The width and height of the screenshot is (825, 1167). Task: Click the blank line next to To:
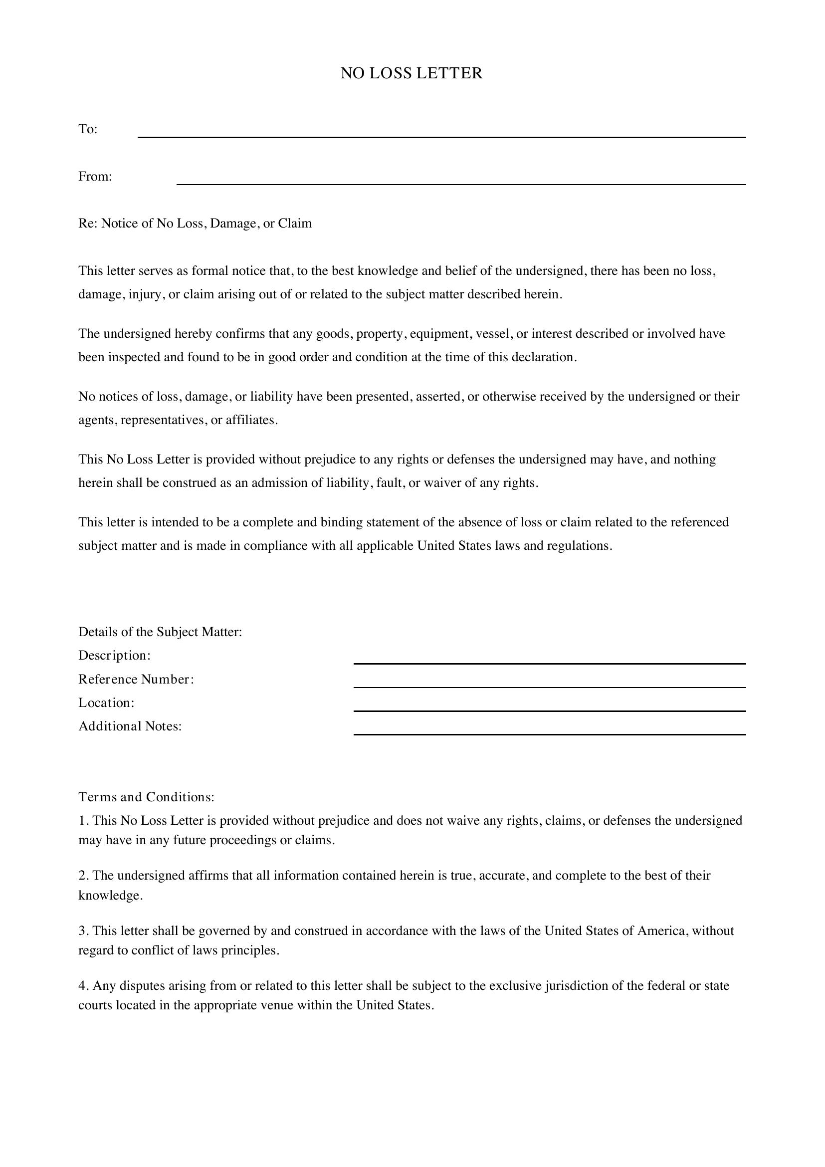(441, 136)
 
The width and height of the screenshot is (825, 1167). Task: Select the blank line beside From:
(461, 184)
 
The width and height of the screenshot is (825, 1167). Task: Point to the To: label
(87, 129)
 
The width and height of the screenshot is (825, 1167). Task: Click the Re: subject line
(195, 223)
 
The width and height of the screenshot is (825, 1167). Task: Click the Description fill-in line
(549, 663)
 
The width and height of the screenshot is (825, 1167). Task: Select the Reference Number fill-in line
(549, 687)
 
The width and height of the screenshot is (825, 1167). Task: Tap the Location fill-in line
(549, 710)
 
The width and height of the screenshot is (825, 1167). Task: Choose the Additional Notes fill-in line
(549, 733)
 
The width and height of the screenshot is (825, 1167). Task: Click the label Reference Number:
(136, 679)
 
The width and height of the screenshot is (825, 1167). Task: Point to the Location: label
(106, 702)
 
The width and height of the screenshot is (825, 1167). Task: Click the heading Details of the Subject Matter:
(160, 632)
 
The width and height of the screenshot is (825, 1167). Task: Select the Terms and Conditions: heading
(146, 796)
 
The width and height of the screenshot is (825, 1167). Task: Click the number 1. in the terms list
(84, 820)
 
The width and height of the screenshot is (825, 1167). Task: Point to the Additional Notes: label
(130, 726)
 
